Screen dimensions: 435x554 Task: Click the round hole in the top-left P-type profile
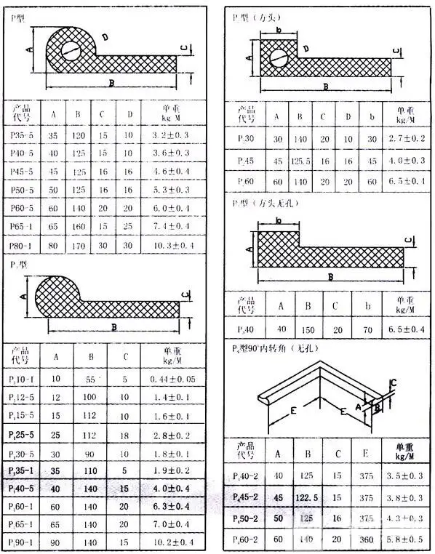[71, 50]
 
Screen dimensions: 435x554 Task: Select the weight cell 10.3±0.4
[172, 246]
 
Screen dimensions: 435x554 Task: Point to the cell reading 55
[90, 380]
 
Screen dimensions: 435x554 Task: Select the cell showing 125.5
[298, 160]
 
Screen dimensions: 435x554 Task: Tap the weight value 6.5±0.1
[406, 181]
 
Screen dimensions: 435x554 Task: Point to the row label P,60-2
[247, 539]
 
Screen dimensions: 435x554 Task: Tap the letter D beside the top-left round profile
[105, 36]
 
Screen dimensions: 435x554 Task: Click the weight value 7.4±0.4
[172, 226]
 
